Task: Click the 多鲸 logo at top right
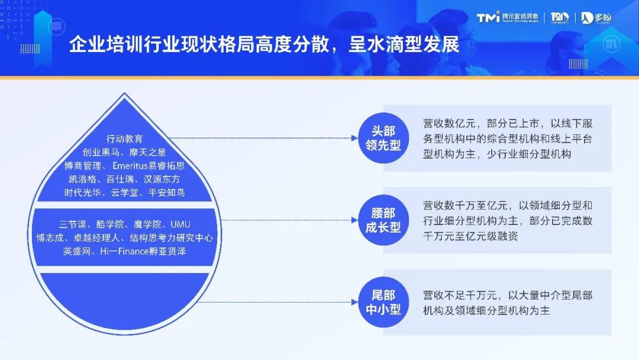(596, 18)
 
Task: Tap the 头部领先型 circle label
(383, 138)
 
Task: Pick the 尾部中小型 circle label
(383, 302)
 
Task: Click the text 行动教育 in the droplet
(124, 139)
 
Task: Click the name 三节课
(73, 224)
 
